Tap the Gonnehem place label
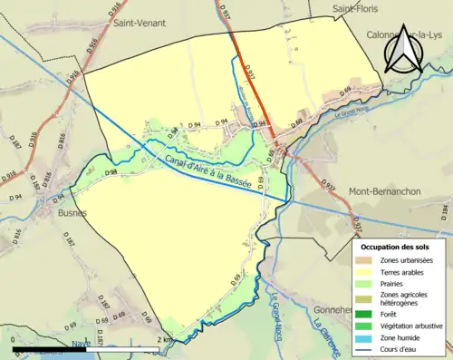point(334,309)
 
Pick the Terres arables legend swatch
point(366,271)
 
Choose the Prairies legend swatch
point(366,283)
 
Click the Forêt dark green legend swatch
point(366,316)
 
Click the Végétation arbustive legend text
point(411,326)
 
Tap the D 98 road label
point(111,171)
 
